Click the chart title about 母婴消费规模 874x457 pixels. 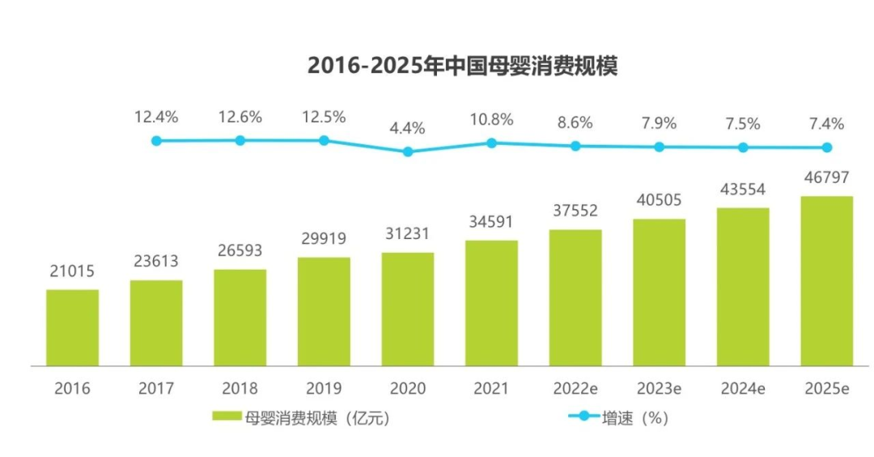pos(462,66)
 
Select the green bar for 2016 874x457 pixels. pos(72,327)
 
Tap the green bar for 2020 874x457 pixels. pos(408,309)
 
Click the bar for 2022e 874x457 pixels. pos(575,297)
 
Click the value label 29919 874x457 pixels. pos(324,239)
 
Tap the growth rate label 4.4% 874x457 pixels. pos(408,128)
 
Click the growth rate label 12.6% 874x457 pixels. pos(240,117)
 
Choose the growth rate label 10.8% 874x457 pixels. pos(491,119)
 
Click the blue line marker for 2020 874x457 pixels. pos(408,152)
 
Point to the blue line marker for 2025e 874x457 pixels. pos(826,147)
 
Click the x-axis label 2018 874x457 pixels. pos(240,388)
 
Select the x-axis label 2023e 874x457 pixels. pos(659,388)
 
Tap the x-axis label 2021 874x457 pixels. pos(491,388)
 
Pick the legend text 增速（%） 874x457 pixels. pos(635,418)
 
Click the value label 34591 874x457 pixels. pos(491,221)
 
